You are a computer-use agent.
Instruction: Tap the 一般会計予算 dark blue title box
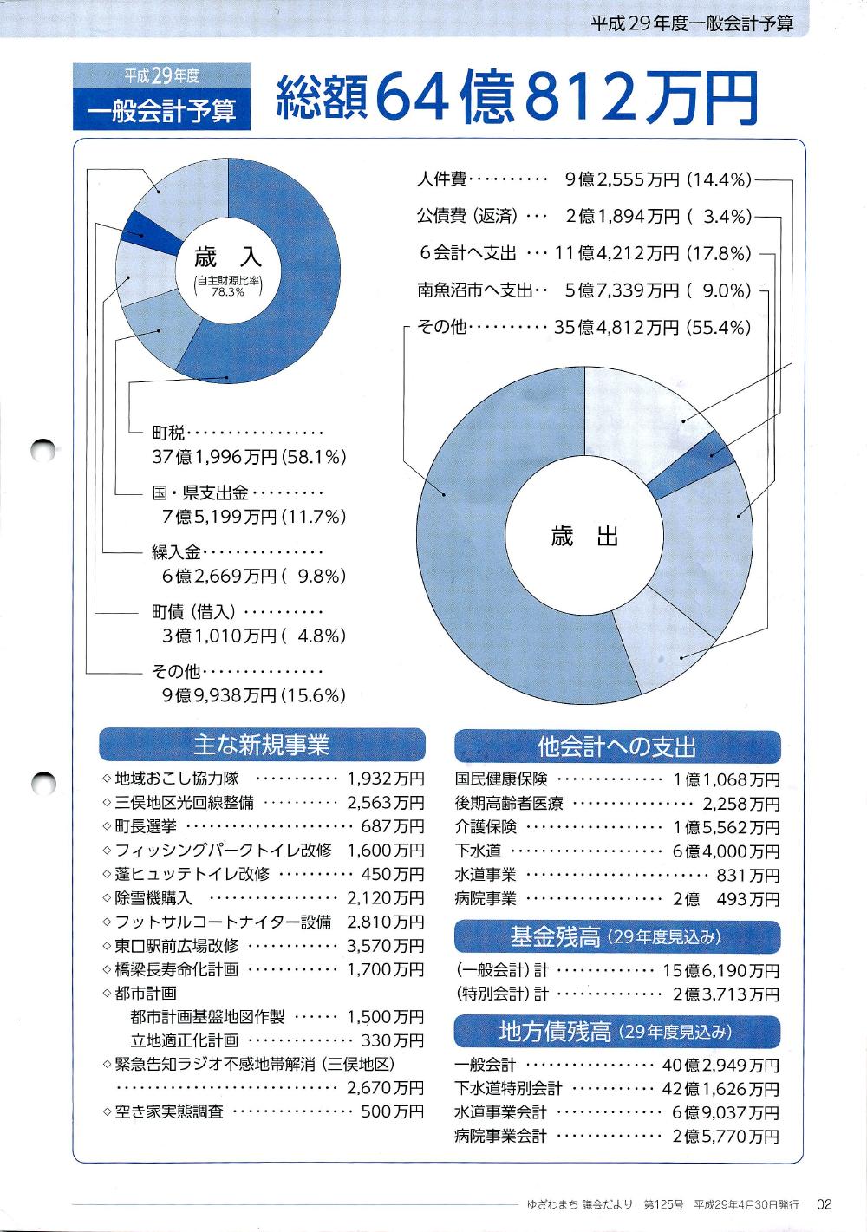[x=162, y=111]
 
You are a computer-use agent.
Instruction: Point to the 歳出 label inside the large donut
[x=584, y=538]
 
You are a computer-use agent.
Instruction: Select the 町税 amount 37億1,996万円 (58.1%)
[x=249, y=457]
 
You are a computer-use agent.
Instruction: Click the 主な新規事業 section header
[x=262, y=745]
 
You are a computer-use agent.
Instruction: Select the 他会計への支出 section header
[x=616, y=746]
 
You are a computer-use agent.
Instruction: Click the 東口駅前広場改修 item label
[x=177, y=945]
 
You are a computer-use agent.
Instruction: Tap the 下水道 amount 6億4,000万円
[x=726, y=851]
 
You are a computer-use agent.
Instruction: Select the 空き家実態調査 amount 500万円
[x=392, y=1111]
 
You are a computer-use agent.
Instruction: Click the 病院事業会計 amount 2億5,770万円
[x=726, y=1136]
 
